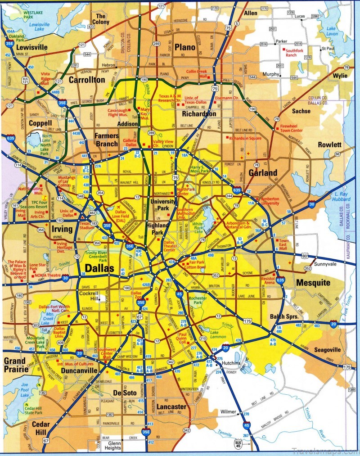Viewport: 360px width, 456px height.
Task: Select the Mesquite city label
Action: tap(313, 283)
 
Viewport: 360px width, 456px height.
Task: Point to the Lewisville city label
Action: tap(32, 47)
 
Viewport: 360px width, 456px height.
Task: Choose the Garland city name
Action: tap(263, 172)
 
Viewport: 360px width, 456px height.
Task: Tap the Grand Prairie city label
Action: tap(16, 365)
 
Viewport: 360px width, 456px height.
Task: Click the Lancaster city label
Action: tap(171, 406)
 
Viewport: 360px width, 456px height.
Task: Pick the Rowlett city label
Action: tap(329, 145)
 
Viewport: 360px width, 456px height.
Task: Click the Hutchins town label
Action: tap(231, 363)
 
